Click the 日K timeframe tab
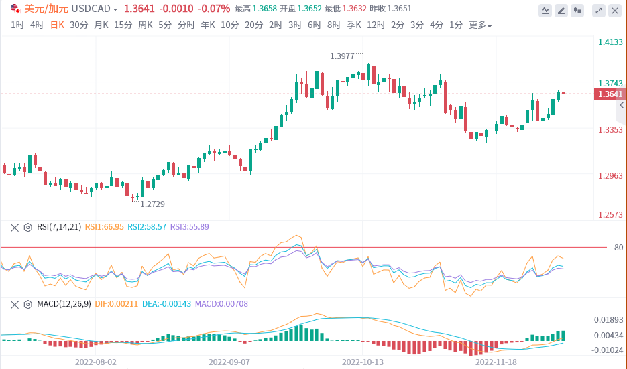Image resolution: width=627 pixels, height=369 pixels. [x=58, y=25]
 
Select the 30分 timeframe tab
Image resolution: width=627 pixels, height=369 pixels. [x=78, y=25]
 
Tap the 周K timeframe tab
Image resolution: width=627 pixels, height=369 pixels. [x=146, y=25]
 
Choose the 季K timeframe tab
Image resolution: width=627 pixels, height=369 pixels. [x=354, y=25]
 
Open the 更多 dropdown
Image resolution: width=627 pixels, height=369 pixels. [x=479, y=25]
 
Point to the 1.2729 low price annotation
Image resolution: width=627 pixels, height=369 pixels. [x=152, y=203]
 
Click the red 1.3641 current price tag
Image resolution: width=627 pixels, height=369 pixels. [x=609, y=94]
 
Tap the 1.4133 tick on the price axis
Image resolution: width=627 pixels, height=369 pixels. [x=610, y=42]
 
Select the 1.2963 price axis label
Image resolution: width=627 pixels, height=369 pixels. [x=610, y=176]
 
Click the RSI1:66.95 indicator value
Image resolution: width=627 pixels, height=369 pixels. [x=105, y=227]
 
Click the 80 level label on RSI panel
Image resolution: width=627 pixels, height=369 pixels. [x=618, y=248]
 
